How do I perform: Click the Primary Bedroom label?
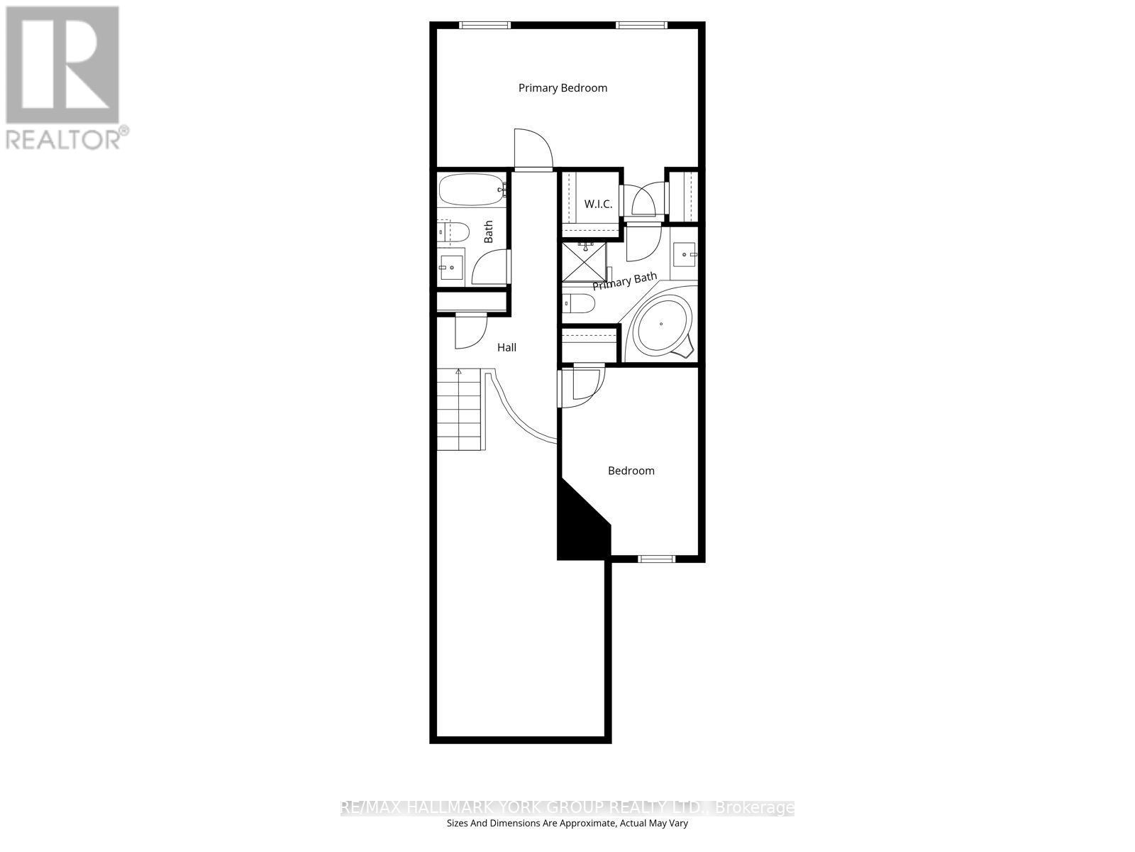tap(563, 88)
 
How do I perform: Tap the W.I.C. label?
tap(598, 204)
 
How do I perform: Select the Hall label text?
tap(506, 347)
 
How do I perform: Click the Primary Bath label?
tap(624, 281)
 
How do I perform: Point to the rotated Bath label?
tap(488, 232)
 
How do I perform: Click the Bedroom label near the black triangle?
tap(631, 471)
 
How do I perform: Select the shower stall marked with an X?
tap(584, 261)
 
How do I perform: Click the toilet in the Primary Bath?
tap(578, 304)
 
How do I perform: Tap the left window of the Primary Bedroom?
tap(485, 26)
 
